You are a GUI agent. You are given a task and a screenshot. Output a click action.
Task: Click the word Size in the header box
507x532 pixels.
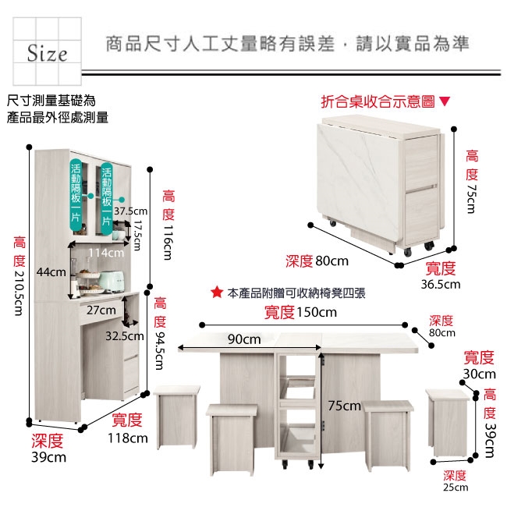tap(48, 54)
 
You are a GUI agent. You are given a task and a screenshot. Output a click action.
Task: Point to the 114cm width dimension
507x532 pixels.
tap(106, 253)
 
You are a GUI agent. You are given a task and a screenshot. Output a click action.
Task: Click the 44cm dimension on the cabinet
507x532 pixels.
tap(50, 271)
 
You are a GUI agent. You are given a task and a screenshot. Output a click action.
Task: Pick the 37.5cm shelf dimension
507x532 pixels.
tap(130, 211)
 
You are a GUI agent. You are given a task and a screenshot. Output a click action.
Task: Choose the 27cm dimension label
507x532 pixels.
tap(101, 310)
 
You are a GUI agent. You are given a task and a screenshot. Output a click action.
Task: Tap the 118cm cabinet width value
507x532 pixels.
tap(128, 438)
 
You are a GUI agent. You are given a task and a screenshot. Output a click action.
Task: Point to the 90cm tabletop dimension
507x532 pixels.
tap(244, 339)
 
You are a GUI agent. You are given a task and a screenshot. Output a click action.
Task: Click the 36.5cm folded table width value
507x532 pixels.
tap(441, 285)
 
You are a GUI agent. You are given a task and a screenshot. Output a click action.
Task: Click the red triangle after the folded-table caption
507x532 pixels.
tap(445, 101)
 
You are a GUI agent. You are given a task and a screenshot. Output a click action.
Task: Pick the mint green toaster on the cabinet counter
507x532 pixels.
tap(106, 278)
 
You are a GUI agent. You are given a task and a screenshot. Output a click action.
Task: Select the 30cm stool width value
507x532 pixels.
tap(479, 374)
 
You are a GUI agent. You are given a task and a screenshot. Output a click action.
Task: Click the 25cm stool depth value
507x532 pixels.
tap(456, 488)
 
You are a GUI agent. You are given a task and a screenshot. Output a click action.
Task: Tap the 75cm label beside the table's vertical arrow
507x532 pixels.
tap(344, 406)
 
